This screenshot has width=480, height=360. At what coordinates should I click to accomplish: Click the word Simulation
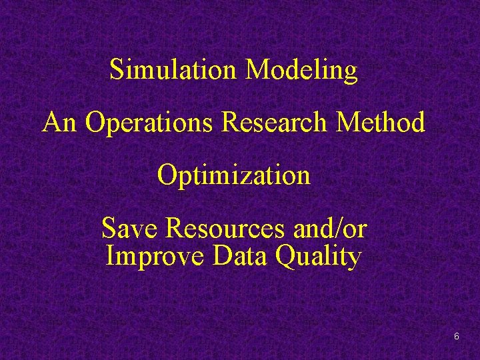click(x=175, y=70)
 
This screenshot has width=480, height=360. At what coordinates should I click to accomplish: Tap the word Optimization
click(x=234, y=176)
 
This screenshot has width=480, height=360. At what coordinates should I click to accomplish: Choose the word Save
click(x=131, y=229)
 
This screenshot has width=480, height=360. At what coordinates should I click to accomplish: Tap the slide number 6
click(x=457, y=337)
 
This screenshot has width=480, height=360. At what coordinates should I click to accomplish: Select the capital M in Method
click(x=351, y=123)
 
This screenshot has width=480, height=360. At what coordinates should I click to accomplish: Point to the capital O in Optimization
click(x=167, y=176)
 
